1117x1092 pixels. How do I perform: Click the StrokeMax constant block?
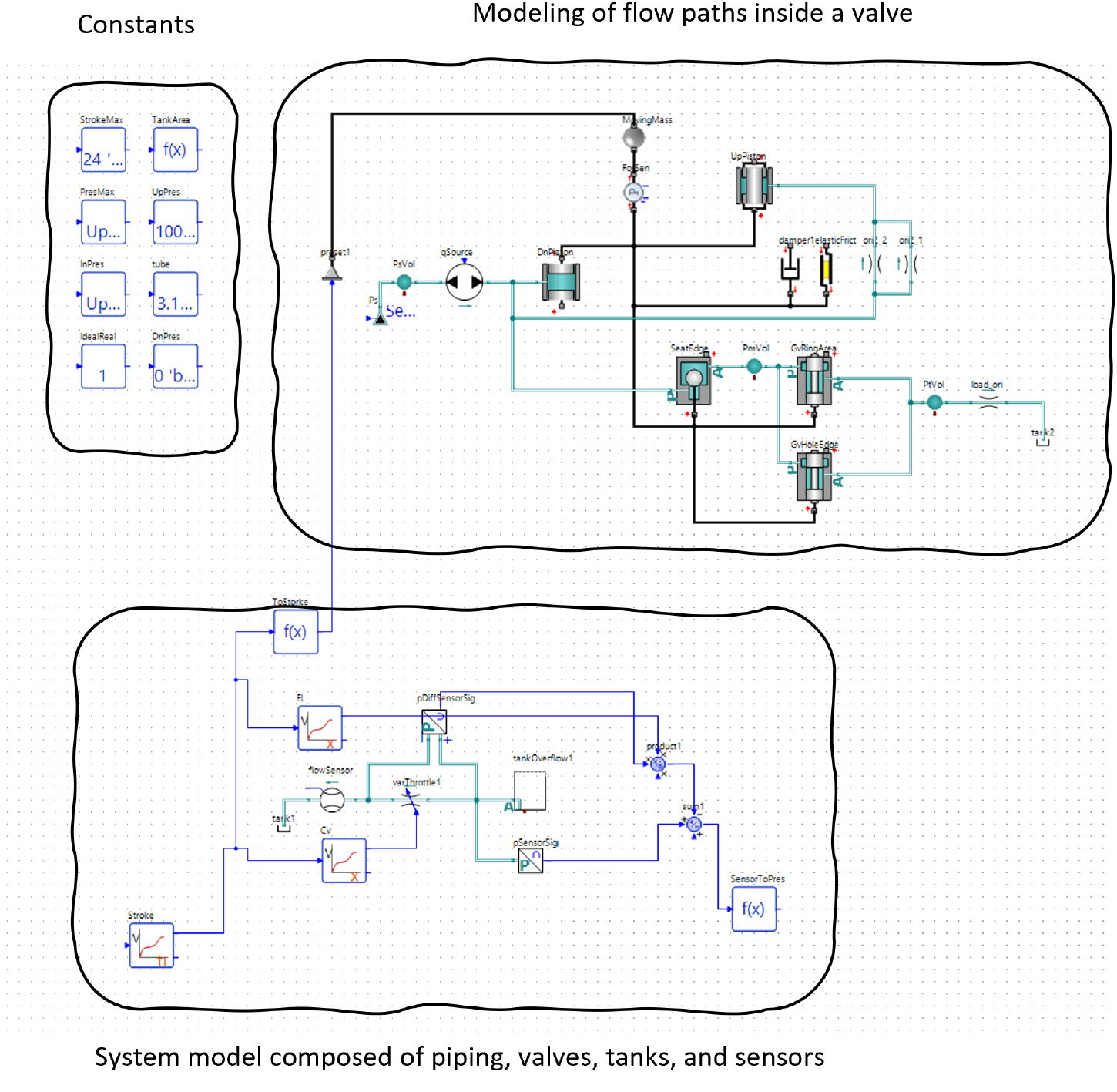tap(103, 150)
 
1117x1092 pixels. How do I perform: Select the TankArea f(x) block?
tap(176, 150)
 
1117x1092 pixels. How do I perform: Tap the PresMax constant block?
tap(103, 222)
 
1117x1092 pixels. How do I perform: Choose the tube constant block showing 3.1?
tap(176, 294)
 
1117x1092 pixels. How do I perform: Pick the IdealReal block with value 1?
tap(103, 366)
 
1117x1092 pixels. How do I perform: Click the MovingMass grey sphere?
tap(633, 138)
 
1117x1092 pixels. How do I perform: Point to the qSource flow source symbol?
tap(465, 282)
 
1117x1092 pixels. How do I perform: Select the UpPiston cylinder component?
tap(753, 186)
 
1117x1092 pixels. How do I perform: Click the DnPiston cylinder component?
tap(561, 282)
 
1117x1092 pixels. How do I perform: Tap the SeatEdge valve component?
tap(693, 378)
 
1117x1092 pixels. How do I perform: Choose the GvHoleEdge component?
tap(813, 475)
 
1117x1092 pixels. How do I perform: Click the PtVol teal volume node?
tap(934, 402)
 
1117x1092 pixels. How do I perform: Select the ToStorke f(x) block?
tap(296, 632)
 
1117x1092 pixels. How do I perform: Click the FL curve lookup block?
tap(320, 727)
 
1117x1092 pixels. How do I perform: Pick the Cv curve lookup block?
tap(344, 860)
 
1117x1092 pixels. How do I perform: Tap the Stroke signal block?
tap(151, 945)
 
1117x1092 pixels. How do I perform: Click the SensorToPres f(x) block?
tap(753, 909)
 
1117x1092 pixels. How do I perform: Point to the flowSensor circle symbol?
tap(332, 800)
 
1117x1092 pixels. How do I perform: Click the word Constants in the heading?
tap(136, 25)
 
